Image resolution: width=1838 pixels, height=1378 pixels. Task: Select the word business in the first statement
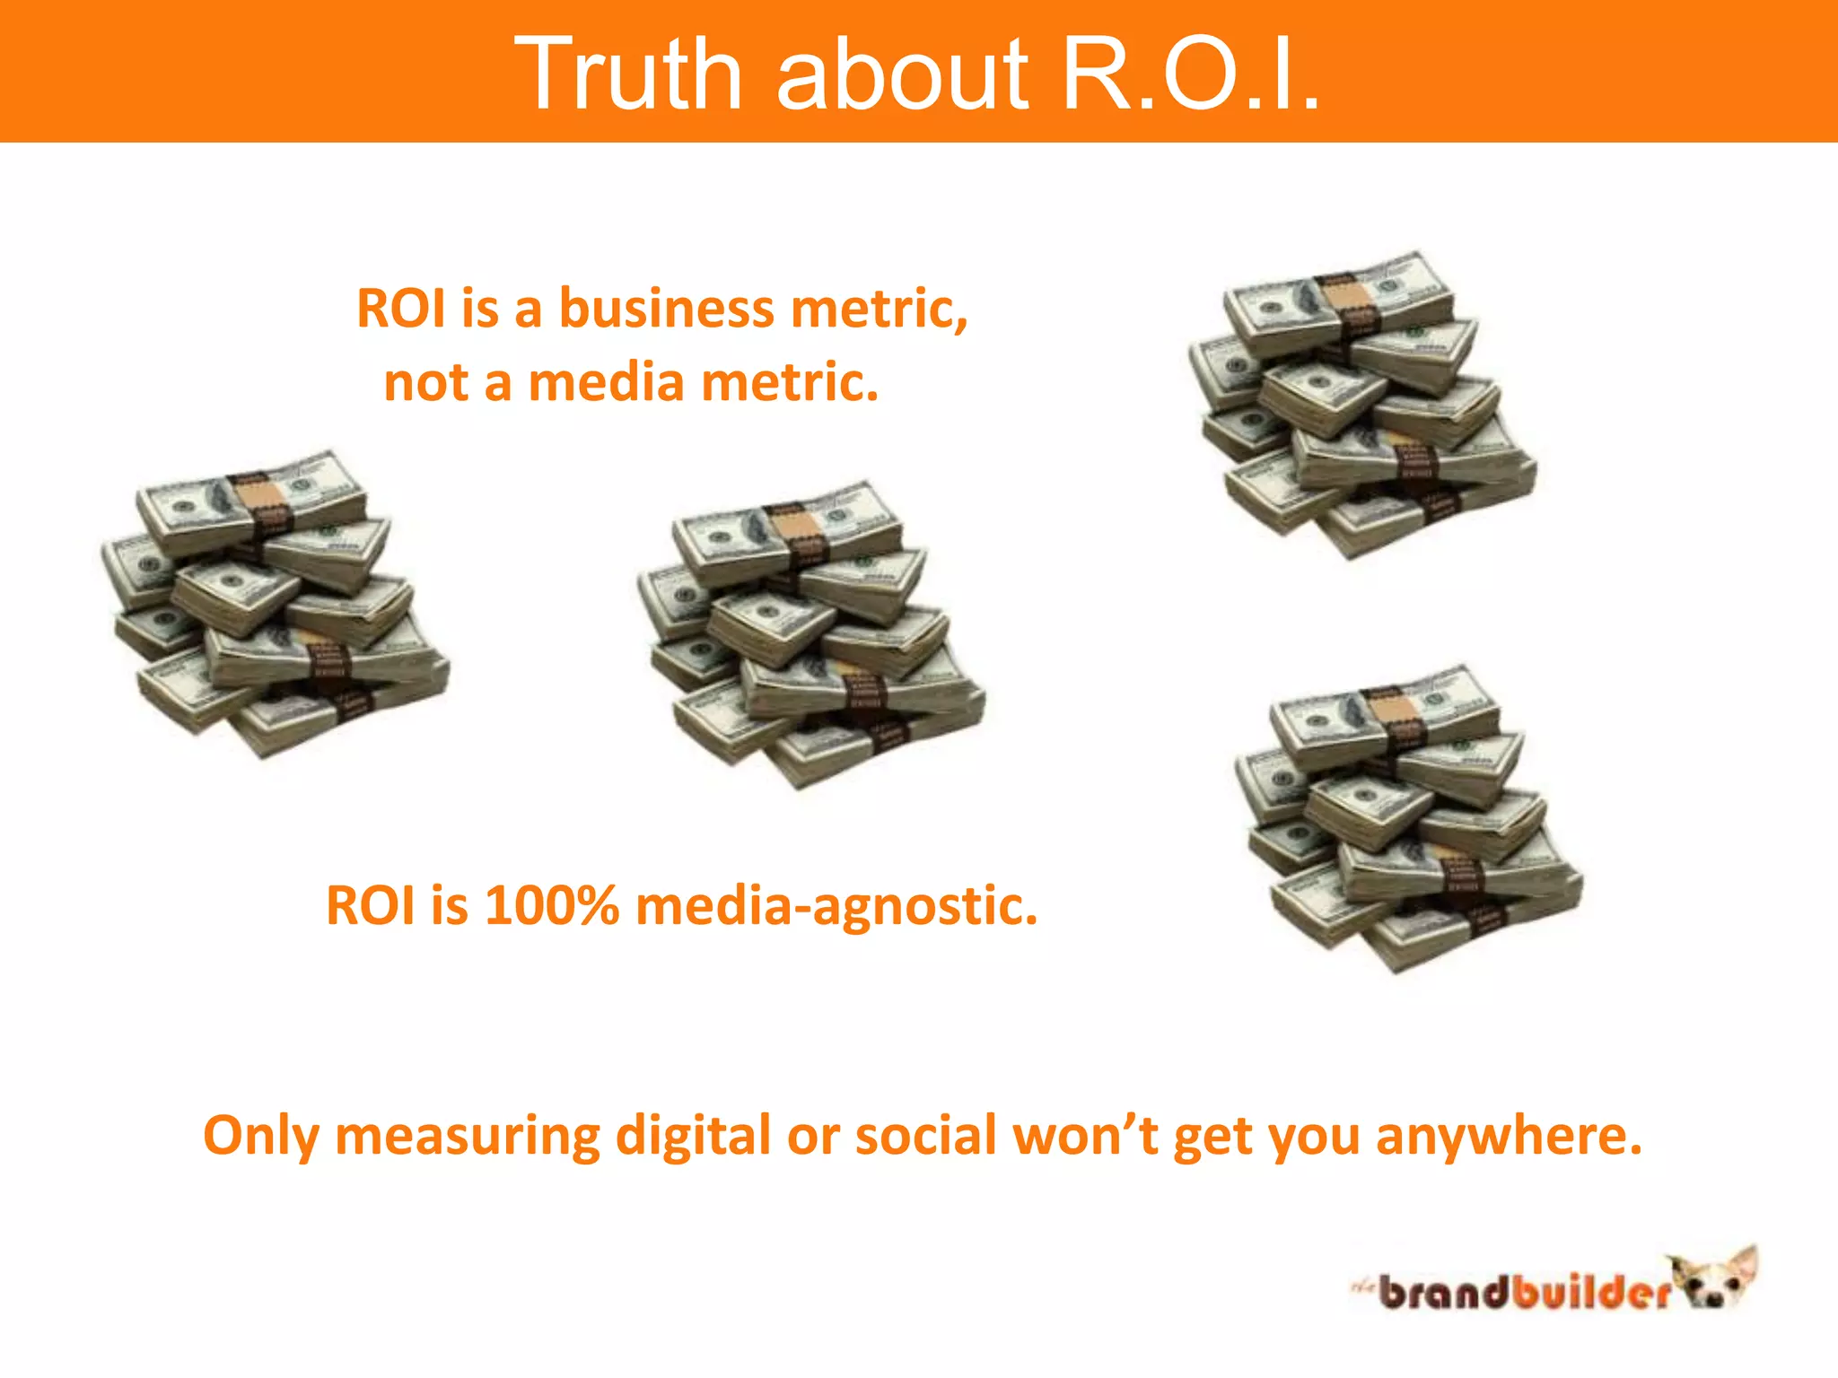pos(667,310)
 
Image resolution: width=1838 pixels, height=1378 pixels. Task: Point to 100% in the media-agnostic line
pos(552,905)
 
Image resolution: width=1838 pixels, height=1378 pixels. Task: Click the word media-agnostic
pos(836,907)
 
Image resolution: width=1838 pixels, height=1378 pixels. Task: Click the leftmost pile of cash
pos(274,606)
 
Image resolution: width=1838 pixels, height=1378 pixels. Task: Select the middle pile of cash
pos(810,634)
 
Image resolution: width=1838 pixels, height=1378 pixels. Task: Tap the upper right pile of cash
pos(1361,406)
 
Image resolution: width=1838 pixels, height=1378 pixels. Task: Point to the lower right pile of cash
pos(1408,818)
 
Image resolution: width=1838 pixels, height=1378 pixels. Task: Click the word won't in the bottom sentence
pos(1085,1136)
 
